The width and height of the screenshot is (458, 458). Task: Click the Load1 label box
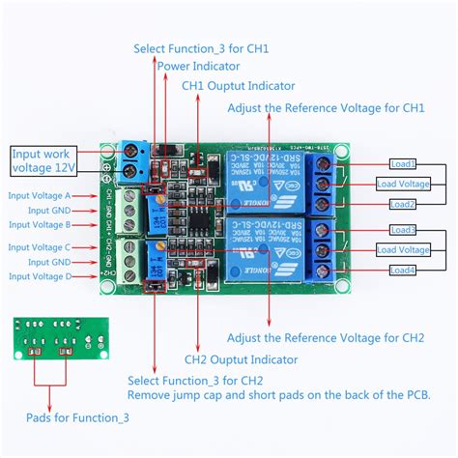tap(403, 163)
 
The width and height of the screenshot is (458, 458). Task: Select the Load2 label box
tap(403, 204)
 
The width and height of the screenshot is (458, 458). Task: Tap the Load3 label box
tap(403, 230)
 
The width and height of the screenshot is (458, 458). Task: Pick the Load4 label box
tap(403, 270)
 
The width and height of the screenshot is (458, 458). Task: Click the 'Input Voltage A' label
tap(40, 195)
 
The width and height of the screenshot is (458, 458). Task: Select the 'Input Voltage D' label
tap(40, 276)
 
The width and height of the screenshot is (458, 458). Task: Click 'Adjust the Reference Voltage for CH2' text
tap(326, 338)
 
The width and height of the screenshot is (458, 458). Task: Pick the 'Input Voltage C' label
tap(40, 247)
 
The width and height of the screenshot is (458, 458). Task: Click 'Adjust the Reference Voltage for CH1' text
tap(326, 107)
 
